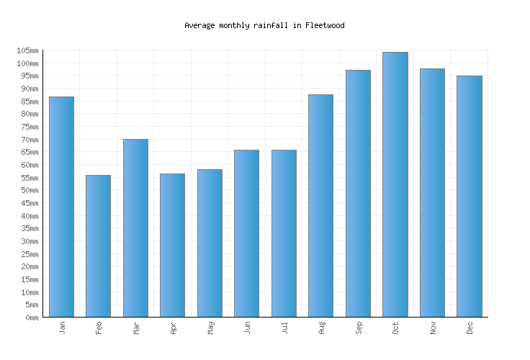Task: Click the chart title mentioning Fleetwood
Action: pyautogui.click(x=264, y=25)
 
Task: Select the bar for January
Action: pyautogui.click(x=61, y=207)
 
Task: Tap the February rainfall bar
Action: pyautogui.click(x=98, y=246)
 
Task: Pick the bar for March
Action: pyautogui.click(x=135, y=228)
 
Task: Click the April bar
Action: pyautogui.click(x=172, y=245)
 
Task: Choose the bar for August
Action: pyautogui.click(x=320, y=205)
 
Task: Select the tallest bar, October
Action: pyautogui.click(x=395, y=184)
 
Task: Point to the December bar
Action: pyautogui.click(x=469, y=196)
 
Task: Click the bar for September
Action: pyautogui.click(x=358, y=193)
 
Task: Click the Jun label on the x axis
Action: pyautogui.click(x=248, y=328)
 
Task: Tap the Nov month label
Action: pyautogui.click(x=433, y=328)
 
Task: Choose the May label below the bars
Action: pyautogui.click(x=210, y=328)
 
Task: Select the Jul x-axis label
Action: pyautogui.click(x=284, y=328)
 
